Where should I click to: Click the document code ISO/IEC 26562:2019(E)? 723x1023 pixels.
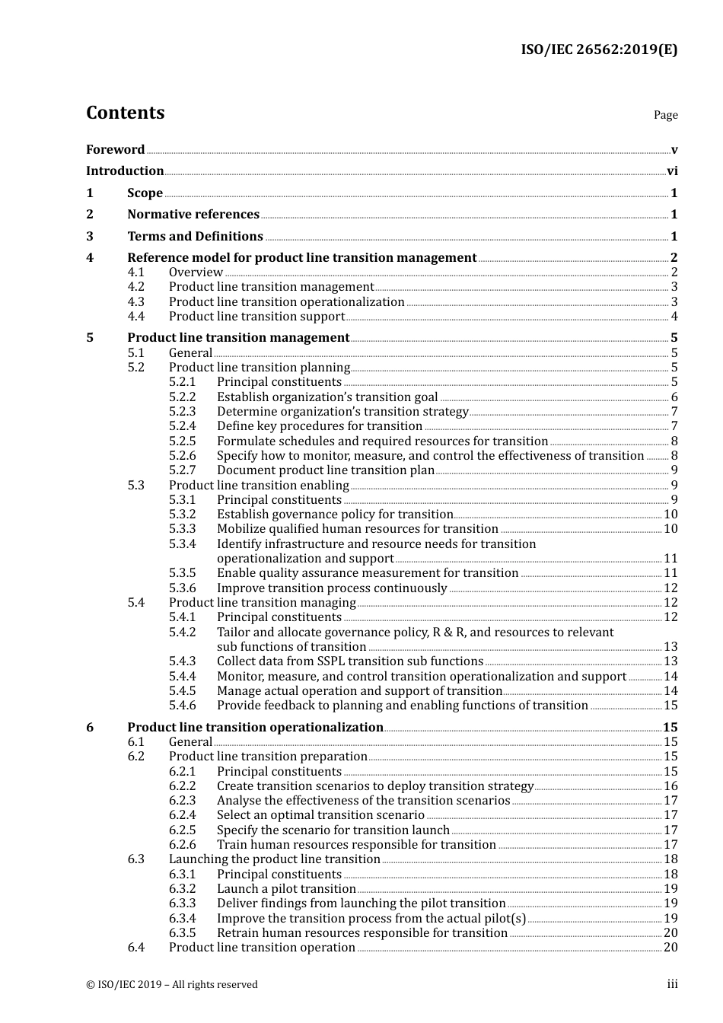tap(598, 50)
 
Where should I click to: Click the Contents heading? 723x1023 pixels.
tap(125, 113)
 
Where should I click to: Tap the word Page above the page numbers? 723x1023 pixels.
tap(665, 115)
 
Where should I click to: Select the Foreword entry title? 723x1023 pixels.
tap(115, 150)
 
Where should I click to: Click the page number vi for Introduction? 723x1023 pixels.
tap(672, 171)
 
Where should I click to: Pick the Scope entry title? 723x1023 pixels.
tap(145, 193)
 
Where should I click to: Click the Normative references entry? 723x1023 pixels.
tap(193, 215)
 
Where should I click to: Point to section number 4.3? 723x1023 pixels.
tap(135, 302)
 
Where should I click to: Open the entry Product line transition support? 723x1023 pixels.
tap(256, 317)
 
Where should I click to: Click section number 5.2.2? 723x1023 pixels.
tap(182, 397)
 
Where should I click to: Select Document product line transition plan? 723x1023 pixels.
tap(325, 470)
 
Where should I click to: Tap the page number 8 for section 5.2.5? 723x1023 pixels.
tap(674, 441)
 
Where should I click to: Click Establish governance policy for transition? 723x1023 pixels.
tap(335, 515)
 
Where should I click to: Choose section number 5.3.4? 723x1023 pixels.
tap(182, 544)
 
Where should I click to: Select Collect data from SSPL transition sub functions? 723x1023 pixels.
tap(350, 661)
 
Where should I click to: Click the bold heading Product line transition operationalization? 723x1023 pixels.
tap(255, 728)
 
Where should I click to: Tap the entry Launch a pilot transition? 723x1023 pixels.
tap(286, 889)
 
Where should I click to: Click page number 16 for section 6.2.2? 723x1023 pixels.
tap(670, 786)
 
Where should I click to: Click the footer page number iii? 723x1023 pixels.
tap(672, 984)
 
